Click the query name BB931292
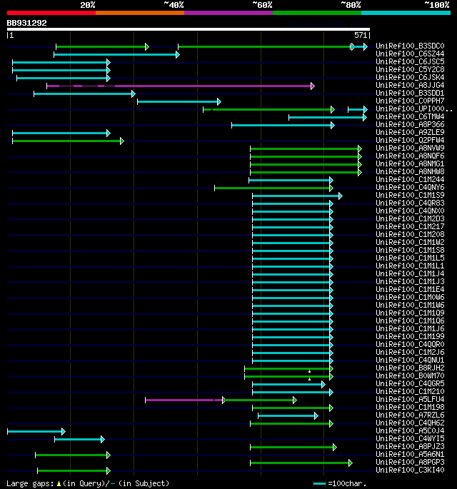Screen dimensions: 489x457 click(27, 23)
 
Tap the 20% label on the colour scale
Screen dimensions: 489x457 click(87, 5)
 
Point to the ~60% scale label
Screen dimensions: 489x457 click(262, 5)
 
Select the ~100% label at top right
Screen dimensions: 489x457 click(436, 5)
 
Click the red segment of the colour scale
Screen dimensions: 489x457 click(51, 13)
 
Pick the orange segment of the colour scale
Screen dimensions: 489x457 click(139, 13)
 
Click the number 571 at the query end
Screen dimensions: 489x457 click(361, 34)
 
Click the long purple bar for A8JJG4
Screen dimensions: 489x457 click(179, 86)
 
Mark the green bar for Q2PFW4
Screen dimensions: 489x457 click(67, 141)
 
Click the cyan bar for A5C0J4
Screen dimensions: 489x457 click(36, 431)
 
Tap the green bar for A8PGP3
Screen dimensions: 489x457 click(300, 463)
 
